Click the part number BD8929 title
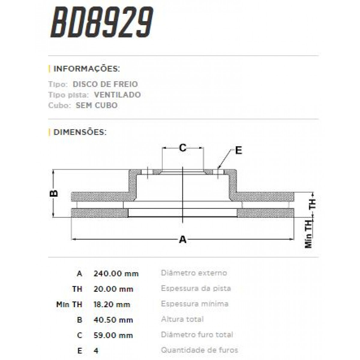[102, 22]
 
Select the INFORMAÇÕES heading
[86, 69]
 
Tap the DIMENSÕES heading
[80, 132]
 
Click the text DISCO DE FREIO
[105, 84]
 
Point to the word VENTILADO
[117, 95]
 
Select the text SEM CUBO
[97, 106]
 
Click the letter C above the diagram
[183, 148]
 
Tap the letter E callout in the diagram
[238, 150]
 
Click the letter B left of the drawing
[54, 193]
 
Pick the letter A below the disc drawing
[183, 240]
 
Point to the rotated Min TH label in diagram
[309, 234]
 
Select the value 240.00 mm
[116, 274]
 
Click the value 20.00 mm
[113, 289]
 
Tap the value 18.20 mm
[112, 304]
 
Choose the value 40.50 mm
[113, 320]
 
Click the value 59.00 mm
[113, 335]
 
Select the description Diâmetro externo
[194, 273]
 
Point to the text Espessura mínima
[194, 304]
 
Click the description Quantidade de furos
[199, 350]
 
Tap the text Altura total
[182, 319]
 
